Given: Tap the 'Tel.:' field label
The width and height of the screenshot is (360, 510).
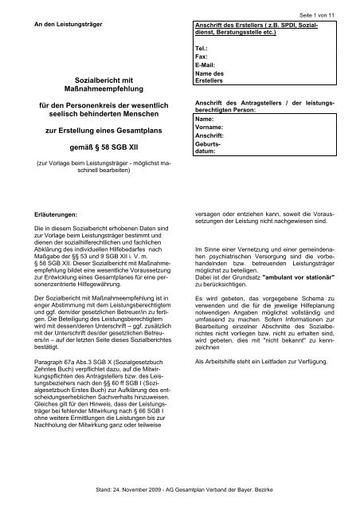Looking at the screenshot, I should click(x=202, y=49).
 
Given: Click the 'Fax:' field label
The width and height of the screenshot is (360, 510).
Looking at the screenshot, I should click(x=202, y=57).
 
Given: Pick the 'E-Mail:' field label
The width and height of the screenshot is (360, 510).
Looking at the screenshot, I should click(x=206, y=66).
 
